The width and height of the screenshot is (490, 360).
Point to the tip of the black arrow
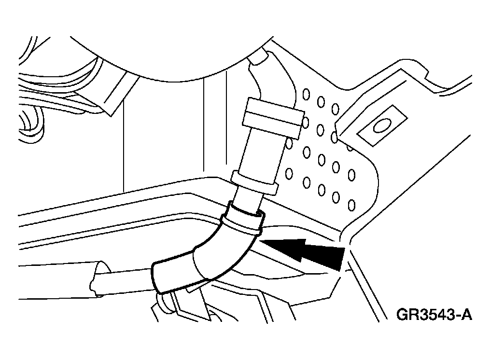point(259,241)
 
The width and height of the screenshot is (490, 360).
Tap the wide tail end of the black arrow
point(341,259)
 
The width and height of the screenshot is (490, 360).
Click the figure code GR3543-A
point(434,314)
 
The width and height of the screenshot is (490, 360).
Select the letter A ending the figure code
point(466,314)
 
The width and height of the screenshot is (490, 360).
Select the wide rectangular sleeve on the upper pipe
point(272,117)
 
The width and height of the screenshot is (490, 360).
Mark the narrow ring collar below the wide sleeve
point(254,182)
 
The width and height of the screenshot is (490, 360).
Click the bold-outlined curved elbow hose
point(206,250)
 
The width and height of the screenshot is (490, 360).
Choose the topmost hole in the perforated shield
point(306,94)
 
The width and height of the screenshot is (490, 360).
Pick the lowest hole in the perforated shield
point(351,205)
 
